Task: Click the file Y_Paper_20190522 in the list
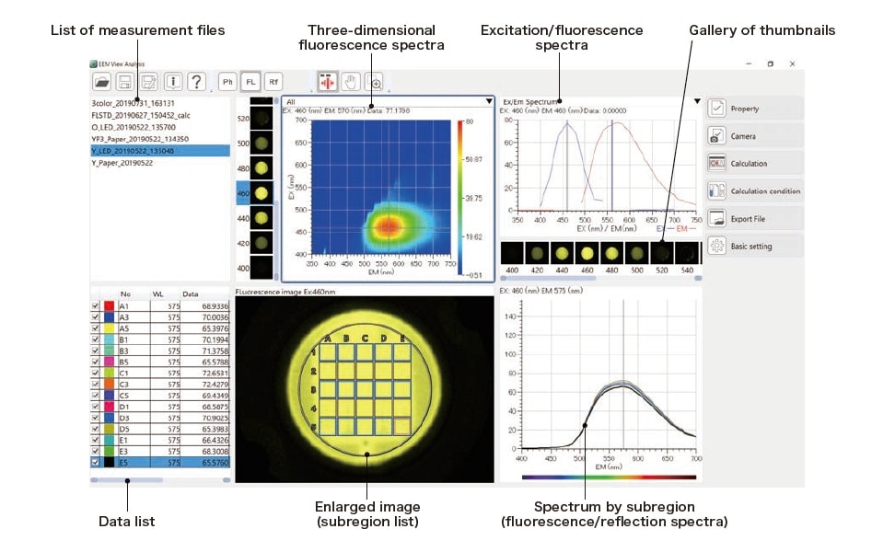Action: click(x=122, y=163)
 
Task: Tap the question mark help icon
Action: click(x=196, y=81)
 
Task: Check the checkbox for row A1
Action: click(x=95, y=305)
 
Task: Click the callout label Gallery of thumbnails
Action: click(x=761, y=30)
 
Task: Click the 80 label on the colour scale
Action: click(x=470, y=121)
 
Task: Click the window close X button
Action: click(x=792, y=63)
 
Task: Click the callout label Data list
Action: click(x=126, y=522)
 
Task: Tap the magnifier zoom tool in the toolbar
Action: click(x=375, y=81)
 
